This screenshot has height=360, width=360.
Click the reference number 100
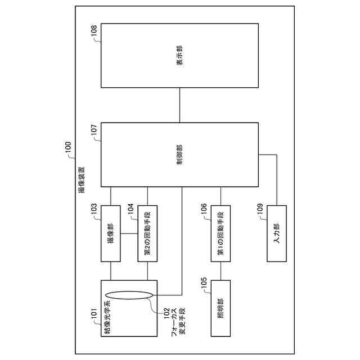pos(67,147)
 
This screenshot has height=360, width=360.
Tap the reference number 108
pos(94,33)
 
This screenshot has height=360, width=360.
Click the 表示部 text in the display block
pos(179,55)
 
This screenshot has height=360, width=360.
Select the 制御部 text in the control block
pos(179,154)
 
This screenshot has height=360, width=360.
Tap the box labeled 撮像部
pos(110,233)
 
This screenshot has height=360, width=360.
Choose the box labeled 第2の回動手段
pos(147,233)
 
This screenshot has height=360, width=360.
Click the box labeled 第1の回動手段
pos(220,233)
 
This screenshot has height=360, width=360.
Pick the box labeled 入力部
pos(276,233)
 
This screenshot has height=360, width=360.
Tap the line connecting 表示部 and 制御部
pos(179,105)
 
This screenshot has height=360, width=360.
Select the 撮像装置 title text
pos(83,181)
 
